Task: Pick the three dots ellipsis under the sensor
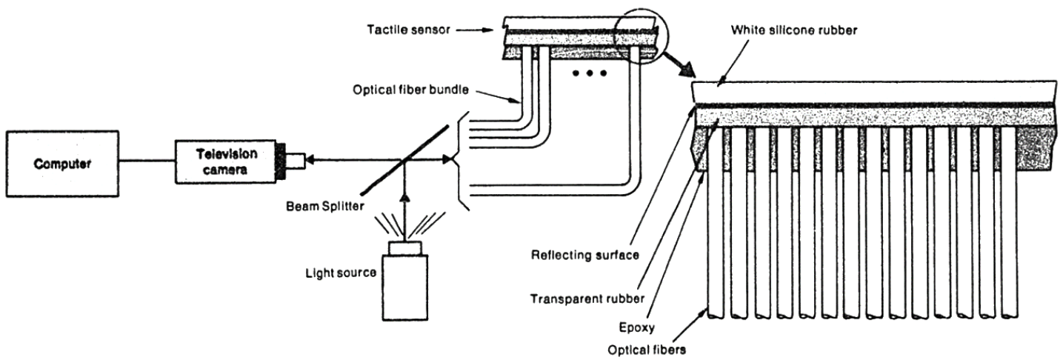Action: tap(591, 73)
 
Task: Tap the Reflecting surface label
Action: tap(574, 256)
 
